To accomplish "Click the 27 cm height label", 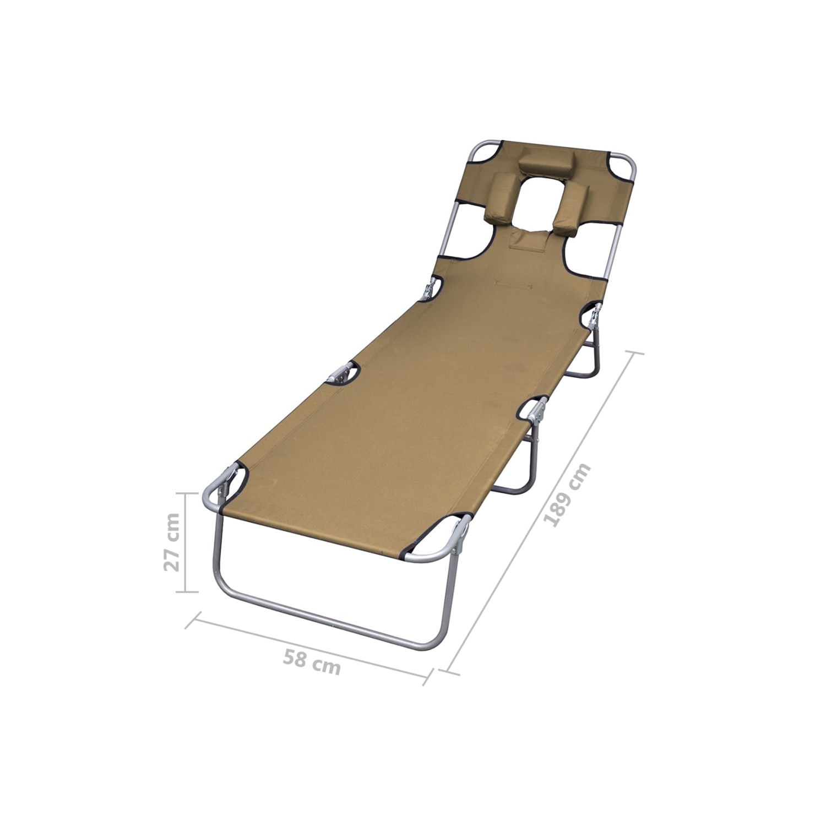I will click(x=172, y=542).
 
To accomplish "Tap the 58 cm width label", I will click(x=312, y=661).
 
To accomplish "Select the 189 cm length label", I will click(x=567, y=495).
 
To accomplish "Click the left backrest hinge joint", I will click(x=430, y=289).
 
